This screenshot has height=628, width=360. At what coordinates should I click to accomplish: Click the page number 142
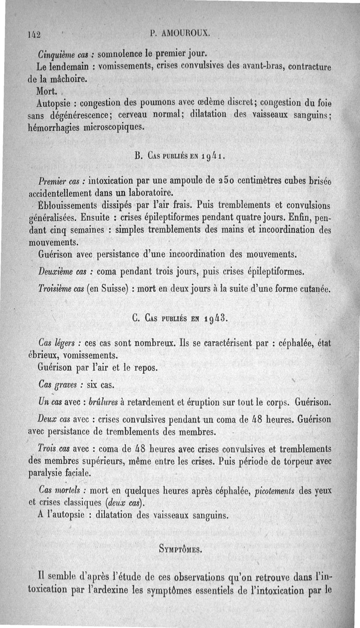34,34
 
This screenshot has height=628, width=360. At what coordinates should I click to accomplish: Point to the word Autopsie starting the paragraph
56,102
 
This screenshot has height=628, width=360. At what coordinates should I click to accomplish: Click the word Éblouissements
72,206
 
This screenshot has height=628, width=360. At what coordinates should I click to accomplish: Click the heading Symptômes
181,549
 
